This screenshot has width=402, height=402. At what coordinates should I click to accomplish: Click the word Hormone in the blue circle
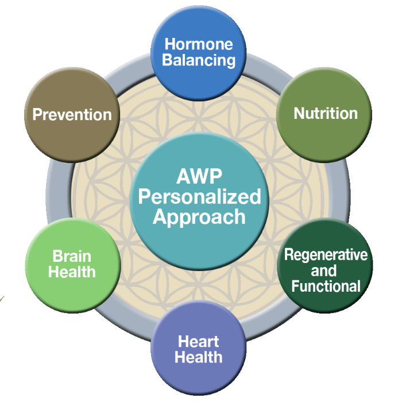(x=199, y=44)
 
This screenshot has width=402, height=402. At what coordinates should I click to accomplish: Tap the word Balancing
(x=199, y=60)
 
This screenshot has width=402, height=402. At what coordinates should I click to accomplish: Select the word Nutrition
(x=326, y=114)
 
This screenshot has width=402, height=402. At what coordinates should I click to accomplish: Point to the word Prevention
(x=72, y=114)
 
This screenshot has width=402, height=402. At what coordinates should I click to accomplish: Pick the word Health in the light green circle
(x=72, y=272)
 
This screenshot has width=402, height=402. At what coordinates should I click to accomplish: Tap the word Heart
(x=198, y=342)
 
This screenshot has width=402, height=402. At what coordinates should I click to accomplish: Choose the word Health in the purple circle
(x=198, y=358)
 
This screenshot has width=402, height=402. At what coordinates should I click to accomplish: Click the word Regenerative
(x=326, y=254)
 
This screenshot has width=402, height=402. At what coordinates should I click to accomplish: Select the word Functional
(x=326, y=286)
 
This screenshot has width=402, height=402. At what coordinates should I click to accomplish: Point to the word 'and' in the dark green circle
(x=325, y=270)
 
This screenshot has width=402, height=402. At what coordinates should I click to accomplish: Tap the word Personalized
(x=199, y=198)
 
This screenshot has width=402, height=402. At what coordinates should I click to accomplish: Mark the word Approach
(x=199, y=217)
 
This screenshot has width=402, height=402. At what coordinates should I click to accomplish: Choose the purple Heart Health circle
(x=199, y=373)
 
